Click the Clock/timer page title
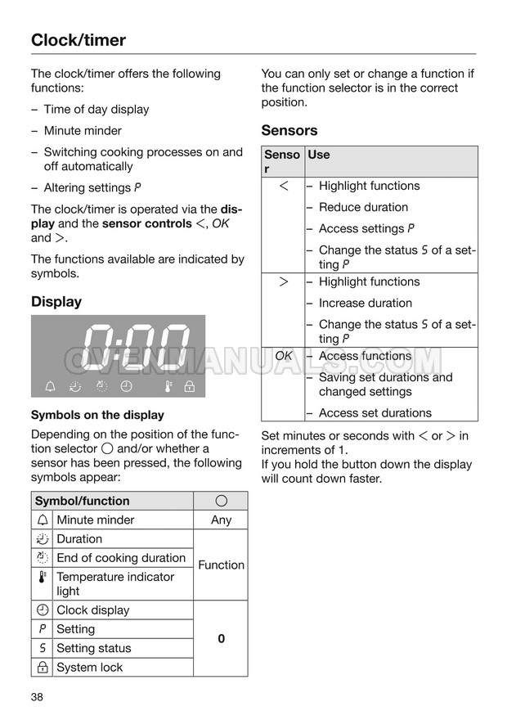(x=79, y=39)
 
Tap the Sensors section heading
(x=289, y=130)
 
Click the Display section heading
(x=56, y=301)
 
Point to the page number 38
(x=38, y=697)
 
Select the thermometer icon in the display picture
(x=167, y=385)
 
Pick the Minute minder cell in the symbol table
(x=95, y=520)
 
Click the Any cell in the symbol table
(x=221, y=520)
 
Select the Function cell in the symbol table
(x=221, y=565)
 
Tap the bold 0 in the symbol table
(x=221, y=638)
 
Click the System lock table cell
(x=89, y=667)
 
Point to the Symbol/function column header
(x=82, y=501)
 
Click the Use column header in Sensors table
(x=319, y=155)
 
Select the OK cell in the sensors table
(x=284, y=356)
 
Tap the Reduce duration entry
(x=363, y=207)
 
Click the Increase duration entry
(x=365, y=303)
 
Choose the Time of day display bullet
(x=96, y=109)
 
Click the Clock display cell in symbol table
(x=92, y=610)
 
